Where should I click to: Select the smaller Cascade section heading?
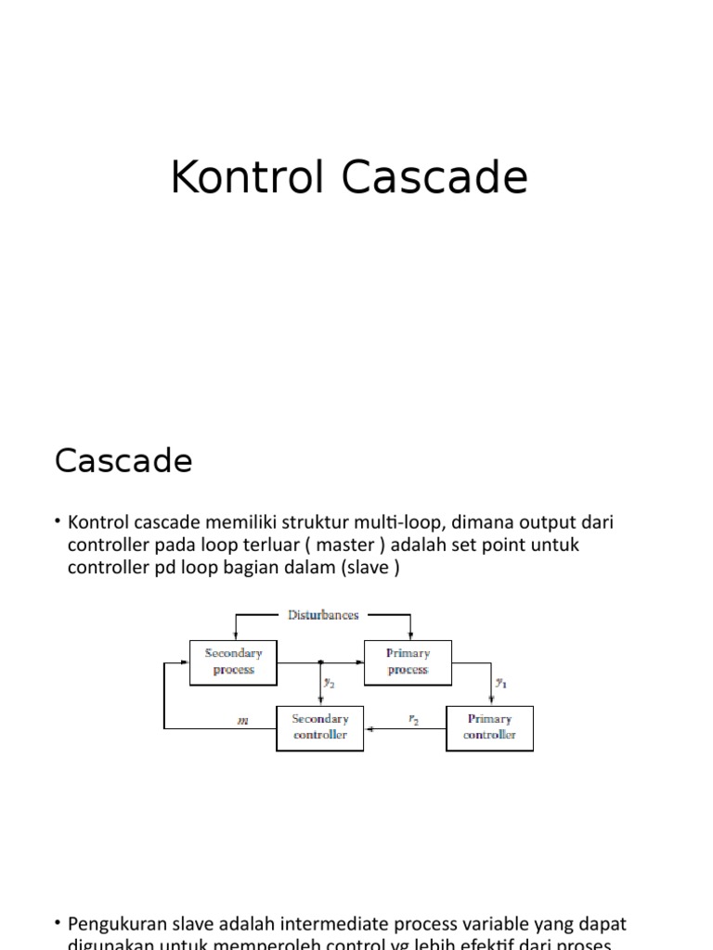[x=123, y=460]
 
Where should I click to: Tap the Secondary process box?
[x=233, y=661]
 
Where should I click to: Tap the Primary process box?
[x=408, y=661]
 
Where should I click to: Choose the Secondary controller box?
[x=320, y=727]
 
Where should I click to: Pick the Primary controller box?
[x=489, y=727]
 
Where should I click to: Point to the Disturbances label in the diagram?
[x=323, y=615]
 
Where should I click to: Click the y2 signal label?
[x=329, y=683]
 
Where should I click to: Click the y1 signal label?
[x=501, y=683]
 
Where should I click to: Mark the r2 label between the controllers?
[x=413, y=718]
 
